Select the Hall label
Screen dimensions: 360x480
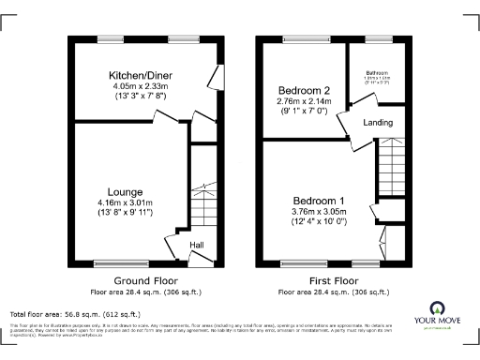(x=198, y=246)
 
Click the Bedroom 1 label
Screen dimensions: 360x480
(x=320, y=201)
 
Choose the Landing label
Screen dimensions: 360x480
(x=377, y=123)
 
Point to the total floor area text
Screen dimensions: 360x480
(x=75, y=313)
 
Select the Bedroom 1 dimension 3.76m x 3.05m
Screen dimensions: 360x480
(x=320, y=212)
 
